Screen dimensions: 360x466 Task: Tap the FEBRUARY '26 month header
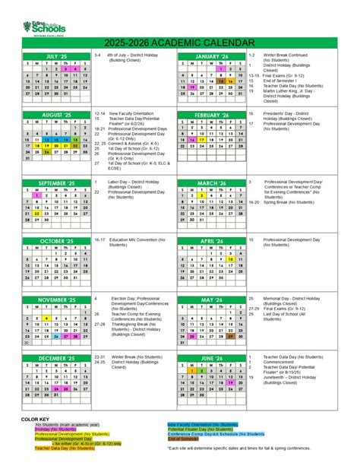coord(211,115)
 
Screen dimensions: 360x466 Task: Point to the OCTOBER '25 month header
coord(56,241)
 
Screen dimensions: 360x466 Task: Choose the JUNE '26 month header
coord(211,357)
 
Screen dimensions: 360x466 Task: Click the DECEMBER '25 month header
coord(56,357)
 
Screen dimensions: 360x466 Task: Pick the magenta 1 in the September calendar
coord(36,195)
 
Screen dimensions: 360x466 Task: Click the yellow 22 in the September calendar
coord(36,214)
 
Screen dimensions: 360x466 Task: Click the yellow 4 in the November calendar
coord(46,318)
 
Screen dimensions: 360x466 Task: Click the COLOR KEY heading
coord(35,419)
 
